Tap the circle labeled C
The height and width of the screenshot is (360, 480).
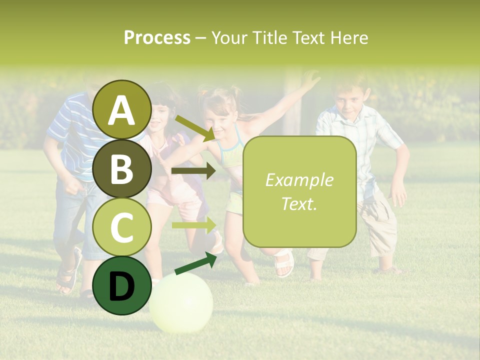pos(121,227)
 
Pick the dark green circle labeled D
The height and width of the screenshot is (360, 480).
pos(121,285)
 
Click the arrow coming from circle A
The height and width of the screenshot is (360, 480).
pos(194,127)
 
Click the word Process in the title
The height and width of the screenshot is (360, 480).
pos(157,37)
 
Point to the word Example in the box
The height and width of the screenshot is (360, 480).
pos(299,180)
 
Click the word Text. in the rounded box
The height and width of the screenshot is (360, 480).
pos(299,203)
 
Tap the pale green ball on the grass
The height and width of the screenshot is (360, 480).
pos(181,302)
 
